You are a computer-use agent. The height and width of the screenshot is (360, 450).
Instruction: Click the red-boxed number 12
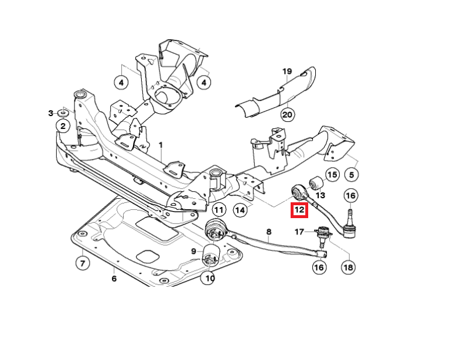click(x=299, y=209)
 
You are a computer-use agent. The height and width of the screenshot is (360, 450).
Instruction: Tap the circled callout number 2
click(x=64, y=125)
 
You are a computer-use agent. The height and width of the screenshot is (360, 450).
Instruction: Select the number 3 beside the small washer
click(x=51, y=113)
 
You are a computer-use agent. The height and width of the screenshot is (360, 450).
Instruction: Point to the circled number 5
click(x=352, y=174)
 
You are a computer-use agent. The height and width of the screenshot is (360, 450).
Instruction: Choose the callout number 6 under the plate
click(x=114, y=279)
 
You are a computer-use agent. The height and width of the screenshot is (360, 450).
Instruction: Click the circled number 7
click(x=83, y=263)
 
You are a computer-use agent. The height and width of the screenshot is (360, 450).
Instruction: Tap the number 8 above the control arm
click(x=269, y=232)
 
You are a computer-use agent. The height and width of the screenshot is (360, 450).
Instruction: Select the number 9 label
click(x=193, y=252)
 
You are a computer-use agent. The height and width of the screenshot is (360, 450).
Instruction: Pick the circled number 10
click(x=209, y=278)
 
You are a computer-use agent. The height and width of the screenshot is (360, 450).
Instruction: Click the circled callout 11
click(x=219, y=209)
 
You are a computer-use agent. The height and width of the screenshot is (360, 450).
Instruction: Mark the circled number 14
click(x=239, y=209)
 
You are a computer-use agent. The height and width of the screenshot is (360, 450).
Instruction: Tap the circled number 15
click(x=332, y=174)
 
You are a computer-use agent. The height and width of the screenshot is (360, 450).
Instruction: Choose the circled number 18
click(x=349, y=267)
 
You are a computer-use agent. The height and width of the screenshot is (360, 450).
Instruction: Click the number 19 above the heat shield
click(x=287, y=72)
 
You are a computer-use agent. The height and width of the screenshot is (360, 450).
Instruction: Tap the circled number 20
click(x=287, y=114)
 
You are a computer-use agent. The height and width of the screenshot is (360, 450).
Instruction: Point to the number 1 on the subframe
click(x=162, y=144)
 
